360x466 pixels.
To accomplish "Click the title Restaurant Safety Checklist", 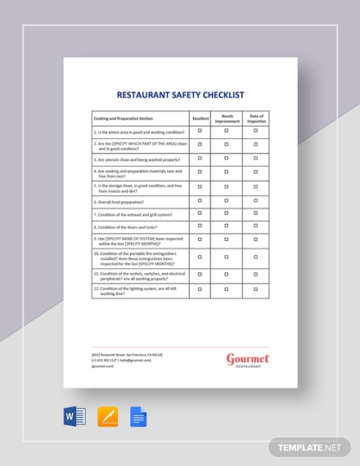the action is coord(181,95).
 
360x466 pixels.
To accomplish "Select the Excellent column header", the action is coord(200,118).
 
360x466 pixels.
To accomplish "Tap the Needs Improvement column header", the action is coord(227,118).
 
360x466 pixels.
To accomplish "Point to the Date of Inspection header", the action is coord(256,118).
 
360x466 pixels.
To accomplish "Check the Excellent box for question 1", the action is coord(200,131).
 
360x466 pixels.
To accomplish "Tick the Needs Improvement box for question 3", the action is coord(227,159).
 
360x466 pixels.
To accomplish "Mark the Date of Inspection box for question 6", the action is coord(256,200).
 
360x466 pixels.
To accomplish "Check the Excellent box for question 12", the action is coord(200,289).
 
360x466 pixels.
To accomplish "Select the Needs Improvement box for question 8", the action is coord(227,226).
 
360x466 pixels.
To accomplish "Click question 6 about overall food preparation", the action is coord(119,201).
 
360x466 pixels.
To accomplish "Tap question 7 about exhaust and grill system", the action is coord(131,214).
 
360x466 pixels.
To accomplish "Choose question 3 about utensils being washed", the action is coord(137,159).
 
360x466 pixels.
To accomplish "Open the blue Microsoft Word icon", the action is coord(74,417).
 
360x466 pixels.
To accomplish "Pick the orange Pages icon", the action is coord(107,417).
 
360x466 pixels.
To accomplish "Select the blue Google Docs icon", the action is coord(137,417).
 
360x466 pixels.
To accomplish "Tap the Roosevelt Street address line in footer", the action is coord(127,354).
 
